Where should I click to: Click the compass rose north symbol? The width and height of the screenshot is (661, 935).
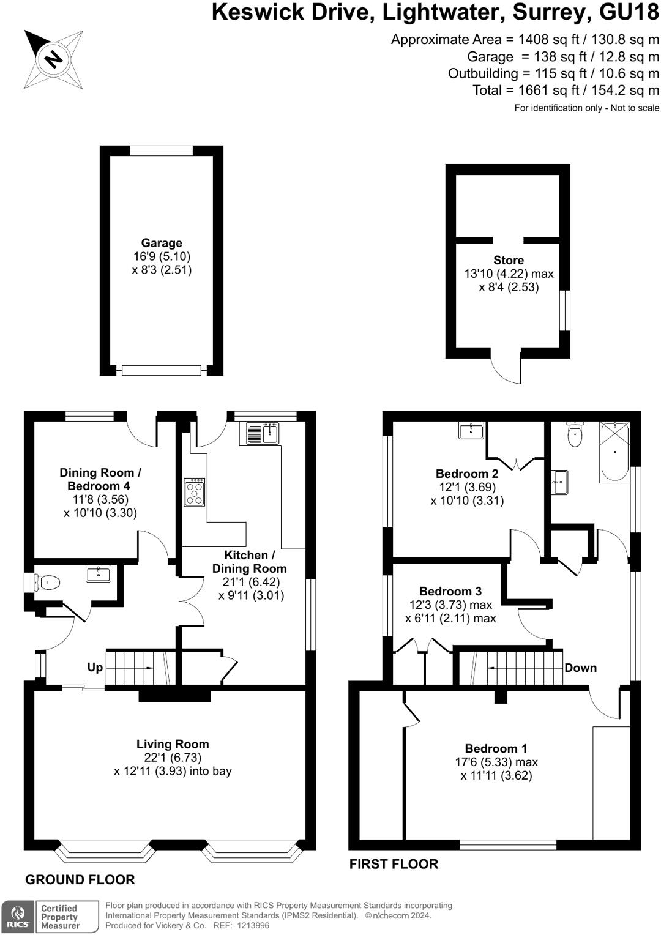[53, 59]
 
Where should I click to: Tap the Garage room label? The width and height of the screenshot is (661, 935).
[162, 243]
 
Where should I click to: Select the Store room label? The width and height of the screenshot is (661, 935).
[509, 260]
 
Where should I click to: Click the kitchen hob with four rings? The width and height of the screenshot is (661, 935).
[195, 492]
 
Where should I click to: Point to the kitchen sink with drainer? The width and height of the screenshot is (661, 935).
[263, 433]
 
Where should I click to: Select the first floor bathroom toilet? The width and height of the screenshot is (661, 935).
[575, 434]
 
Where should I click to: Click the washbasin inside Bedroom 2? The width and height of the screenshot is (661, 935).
[471, 431]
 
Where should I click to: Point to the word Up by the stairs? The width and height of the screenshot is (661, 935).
[95, 667]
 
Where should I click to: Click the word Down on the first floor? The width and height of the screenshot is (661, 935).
[580, 668]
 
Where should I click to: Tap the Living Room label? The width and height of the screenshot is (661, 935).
[173, 744]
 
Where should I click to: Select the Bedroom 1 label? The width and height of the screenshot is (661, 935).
[496, 748]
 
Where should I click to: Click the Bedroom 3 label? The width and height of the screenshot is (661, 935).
[450, 591]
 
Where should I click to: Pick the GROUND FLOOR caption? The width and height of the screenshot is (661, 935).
[80, 879]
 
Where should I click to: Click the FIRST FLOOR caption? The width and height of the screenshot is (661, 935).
[394, 864]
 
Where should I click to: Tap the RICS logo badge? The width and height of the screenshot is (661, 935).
[18, 917]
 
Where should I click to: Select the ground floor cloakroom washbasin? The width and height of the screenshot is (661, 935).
[99, 574]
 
